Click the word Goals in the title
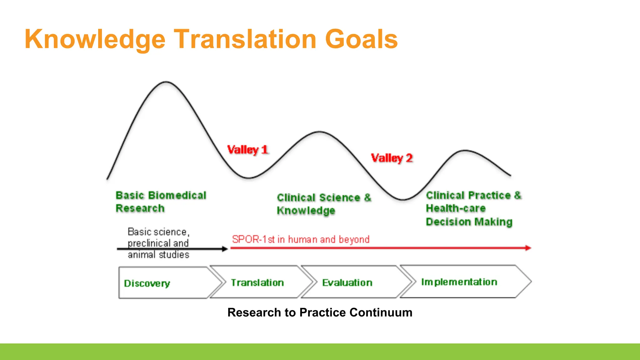[361, 39]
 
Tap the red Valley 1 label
[247, 150]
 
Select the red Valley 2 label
[392, 158]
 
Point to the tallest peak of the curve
[166, 82]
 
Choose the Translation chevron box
[257, 282]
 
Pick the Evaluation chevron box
[347, 282]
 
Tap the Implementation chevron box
[459, 282]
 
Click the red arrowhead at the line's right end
[528, 248]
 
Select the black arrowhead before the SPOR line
[225, 249]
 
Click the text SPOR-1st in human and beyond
[301, 239]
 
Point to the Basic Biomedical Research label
[161, 202]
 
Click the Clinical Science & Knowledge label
[324, 204]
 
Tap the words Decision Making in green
[469, 222]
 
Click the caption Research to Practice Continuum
[320, 312]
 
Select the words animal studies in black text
[158, 255]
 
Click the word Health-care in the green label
[456, 208]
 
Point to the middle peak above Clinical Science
[319, 132]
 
